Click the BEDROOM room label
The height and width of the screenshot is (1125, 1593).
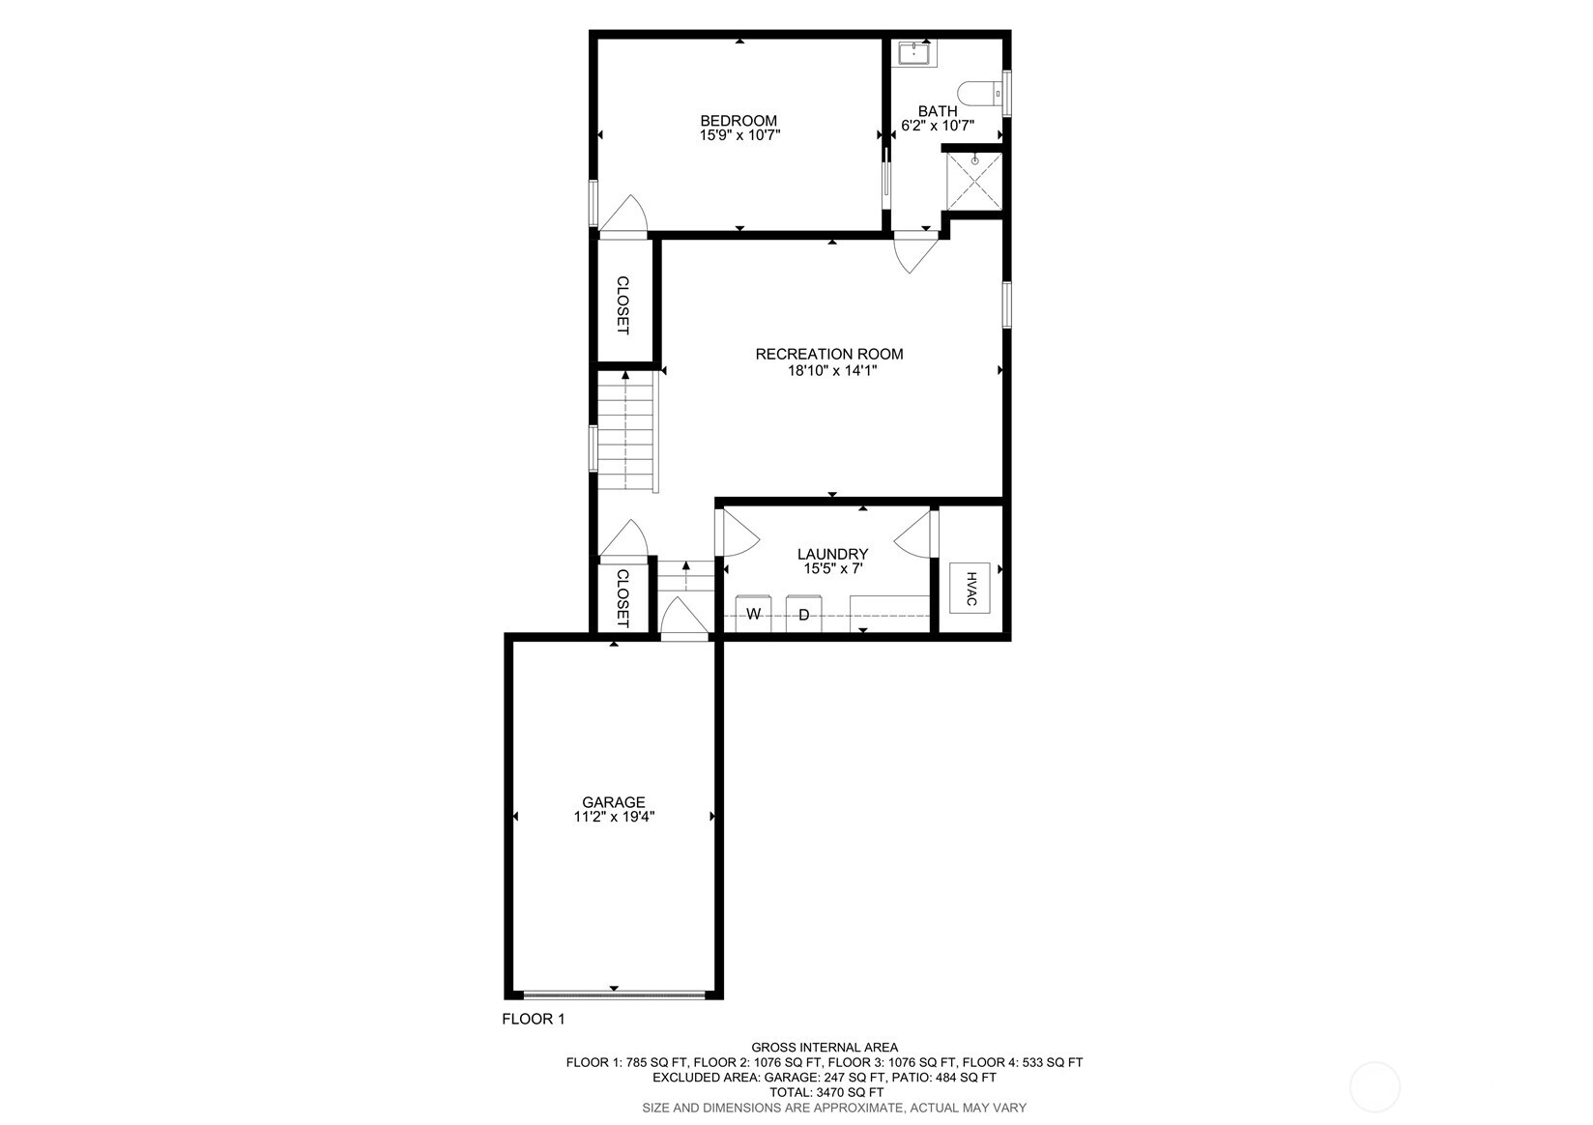[x=739, y=121]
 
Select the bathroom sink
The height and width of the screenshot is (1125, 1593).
[x=915, y=53]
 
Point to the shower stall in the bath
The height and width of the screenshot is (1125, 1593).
[x=973, y=181]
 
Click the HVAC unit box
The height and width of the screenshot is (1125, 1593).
[x=970, y=588]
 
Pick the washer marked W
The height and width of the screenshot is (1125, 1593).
[x=754, y=614]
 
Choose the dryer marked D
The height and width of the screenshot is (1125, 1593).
[x=803, y=614]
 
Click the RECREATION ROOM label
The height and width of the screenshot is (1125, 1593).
[x=829, y=354]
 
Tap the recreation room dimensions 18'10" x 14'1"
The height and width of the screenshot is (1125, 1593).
[x=832, y=370]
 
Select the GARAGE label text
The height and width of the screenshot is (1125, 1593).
[x=614, y=802]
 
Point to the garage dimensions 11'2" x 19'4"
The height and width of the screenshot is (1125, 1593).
[x=614, y=817]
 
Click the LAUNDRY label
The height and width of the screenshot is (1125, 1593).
[x=832, y=554]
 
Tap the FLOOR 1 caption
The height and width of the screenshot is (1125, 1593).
[x=534, y=1019]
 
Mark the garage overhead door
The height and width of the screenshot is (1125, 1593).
[x=615, y=995]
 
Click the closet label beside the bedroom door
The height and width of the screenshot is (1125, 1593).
[x=623, y=305]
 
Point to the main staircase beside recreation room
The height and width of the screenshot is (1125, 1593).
[x=625, y=431]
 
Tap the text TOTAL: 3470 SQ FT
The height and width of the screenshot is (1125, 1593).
[x=826, y=1092]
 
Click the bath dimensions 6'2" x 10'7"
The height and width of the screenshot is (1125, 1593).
[x=938, y=126]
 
